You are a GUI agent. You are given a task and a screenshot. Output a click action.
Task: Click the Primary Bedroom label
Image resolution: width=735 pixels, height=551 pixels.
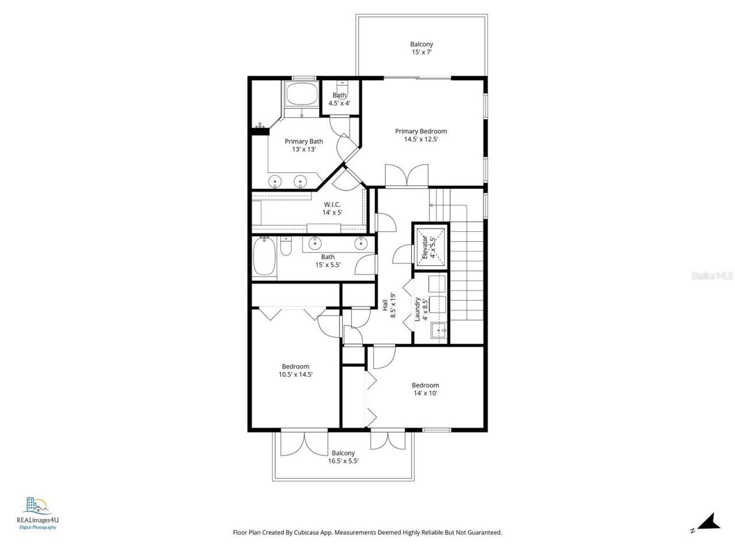[421, 131]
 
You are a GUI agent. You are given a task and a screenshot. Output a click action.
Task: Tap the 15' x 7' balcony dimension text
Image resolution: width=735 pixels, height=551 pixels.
[421, 52]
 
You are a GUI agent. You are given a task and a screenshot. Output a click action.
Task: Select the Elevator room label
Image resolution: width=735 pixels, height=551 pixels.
[425, 247]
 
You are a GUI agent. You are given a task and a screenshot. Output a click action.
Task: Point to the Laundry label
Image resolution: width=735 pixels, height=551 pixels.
[418, 309]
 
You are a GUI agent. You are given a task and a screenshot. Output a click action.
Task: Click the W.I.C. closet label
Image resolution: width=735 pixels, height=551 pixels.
[332, 204]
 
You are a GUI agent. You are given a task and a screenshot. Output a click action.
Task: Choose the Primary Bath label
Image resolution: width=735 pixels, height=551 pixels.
[304, 141]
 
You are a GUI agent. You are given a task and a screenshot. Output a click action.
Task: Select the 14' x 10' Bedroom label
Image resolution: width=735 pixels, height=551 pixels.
[425, 385]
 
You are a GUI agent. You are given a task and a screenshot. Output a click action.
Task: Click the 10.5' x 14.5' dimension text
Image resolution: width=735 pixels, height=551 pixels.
[295, 374]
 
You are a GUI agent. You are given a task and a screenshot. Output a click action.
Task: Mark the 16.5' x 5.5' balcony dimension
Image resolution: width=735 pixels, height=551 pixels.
[343, 461]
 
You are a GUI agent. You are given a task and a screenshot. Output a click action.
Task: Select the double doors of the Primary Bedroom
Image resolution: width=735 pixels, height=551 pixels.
[407, 176]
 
